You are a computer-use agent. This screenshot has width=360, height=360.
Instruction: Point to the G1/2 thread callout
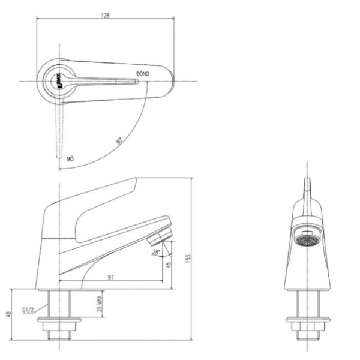pos(28,311)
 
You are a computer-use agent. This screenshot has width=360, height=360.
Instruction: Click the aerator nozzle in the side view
pos(161,230)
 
